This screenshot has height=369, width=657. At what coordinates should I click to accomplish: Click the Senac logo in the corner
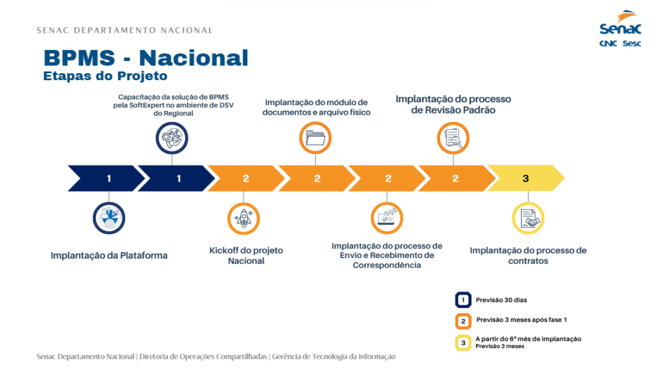620,28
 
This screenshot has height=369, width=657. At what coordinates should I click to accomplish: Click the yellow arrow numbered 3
526,178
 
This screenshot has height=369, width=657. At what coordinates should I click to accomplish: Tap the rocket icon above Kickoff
243,218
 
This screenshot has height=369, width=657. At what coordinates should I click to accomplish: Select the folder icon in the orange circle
315,138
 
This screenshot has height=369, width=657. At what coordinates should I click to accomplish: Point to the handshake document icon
528,218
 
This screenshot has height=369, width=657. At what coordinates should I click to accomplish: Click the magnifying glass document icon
453,138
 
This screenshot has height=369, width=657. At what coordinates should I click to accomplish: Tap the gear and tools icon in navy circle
172,138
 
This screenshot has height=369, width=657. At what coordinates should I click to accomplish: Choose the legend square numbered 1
463,300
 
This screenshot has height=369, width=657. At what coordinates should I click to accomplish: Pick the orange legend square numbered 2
463,322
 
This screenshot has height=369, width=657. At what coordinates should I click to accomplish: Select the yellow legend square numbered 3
463,343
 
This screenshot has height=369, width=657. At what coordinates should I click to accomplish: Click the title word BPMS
79,58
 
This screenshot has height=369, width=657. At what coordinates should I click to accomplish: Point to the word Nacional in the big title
194,58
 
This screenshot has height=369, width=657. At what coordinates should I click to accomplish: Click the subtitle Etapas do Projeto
105,76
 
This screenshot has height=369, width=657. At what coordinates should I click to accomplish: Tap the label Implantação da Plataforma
109,255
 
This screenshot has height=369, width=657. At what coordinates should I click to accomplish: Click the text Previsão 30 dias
501,300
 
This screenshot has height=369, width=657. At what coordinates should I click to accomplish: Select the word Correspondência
387,265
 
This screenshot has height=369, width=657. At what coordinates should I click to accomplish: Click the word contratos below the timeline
528,261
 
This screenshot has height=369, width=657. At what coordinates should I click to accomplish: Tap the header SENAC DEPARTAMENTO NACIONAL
125,30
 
